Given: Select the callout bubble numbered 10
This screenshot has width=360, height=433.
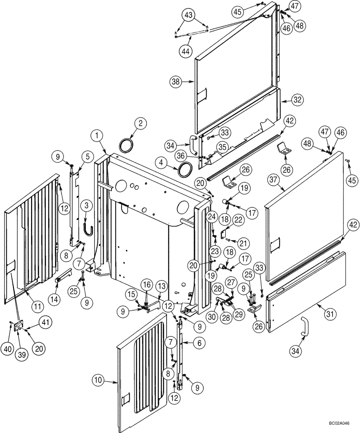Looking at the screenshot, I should [x=99, y=381].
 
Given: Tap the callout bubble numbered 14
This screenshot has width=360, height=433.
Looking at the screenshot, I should [x=57, y=297].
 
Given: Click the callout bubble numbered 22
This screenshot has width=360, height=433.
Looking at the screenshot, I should [x=226, y=220].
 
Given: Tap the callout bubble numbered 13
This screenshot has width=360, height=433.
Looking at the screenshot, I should [x=161, y=286].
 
